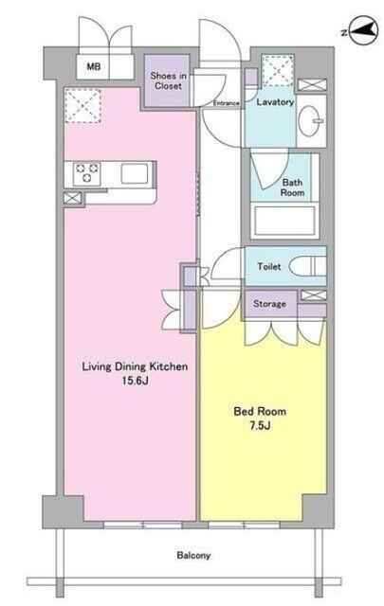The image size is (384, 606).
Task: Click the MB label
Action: (x=93, y=66)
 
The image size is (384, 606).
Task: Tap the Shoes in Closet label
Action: (x=168, y=80)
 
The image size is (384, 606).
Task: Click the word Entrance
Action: (x=227, y=103)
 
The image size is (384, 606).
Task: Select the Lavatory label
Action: (x=275, y=102)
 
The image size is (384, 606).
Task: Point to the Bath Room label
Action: (x=292, y=187)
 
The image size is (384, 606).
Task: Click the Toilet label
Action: (x=269, y=266)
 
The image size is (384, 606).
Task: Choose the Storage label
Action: (x=270, y=304)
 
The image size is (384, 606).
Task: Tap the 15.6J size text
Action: (x=136, y=381)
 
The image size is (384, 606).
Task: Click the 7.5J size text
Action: (x=260, y=425)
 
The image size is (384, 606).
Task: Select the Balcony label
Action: (x=193, y=556)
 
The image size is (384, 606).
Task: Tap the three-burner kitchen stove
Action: (x=87, y=173)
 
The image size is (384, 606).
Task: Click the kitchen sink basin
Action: (x=135, y=173)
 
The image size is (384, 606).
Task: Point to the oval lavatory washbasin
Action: (x=310, y=120)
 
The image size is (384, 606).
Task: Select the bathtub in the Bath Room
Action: (x=284, y=221)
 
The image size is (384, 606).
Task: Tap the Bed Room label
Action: (x=260, y=411)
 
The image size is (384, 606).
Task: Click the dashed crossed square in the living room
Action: (x=82, y=105)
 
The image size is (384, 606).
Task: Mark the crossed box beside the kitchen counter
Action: (x=73, y=198)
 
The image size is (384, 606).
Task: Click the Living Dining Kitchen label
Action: (x=135, y=366)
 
